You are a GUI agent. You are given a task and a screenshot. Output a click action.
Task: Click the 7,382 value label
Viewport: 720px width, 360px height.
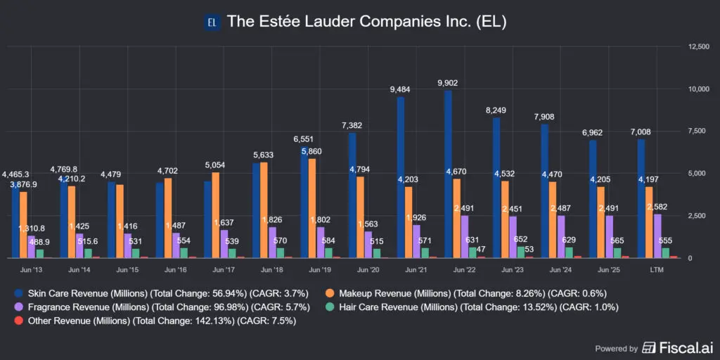(352, 124)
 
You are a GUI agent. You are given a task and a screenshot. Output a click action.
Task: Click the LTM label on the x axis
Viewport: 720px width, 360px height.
(660, 269)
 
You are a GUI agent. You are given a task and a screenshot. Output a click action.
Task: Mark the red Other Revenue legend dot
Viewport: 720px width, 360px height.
(18, 321)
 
